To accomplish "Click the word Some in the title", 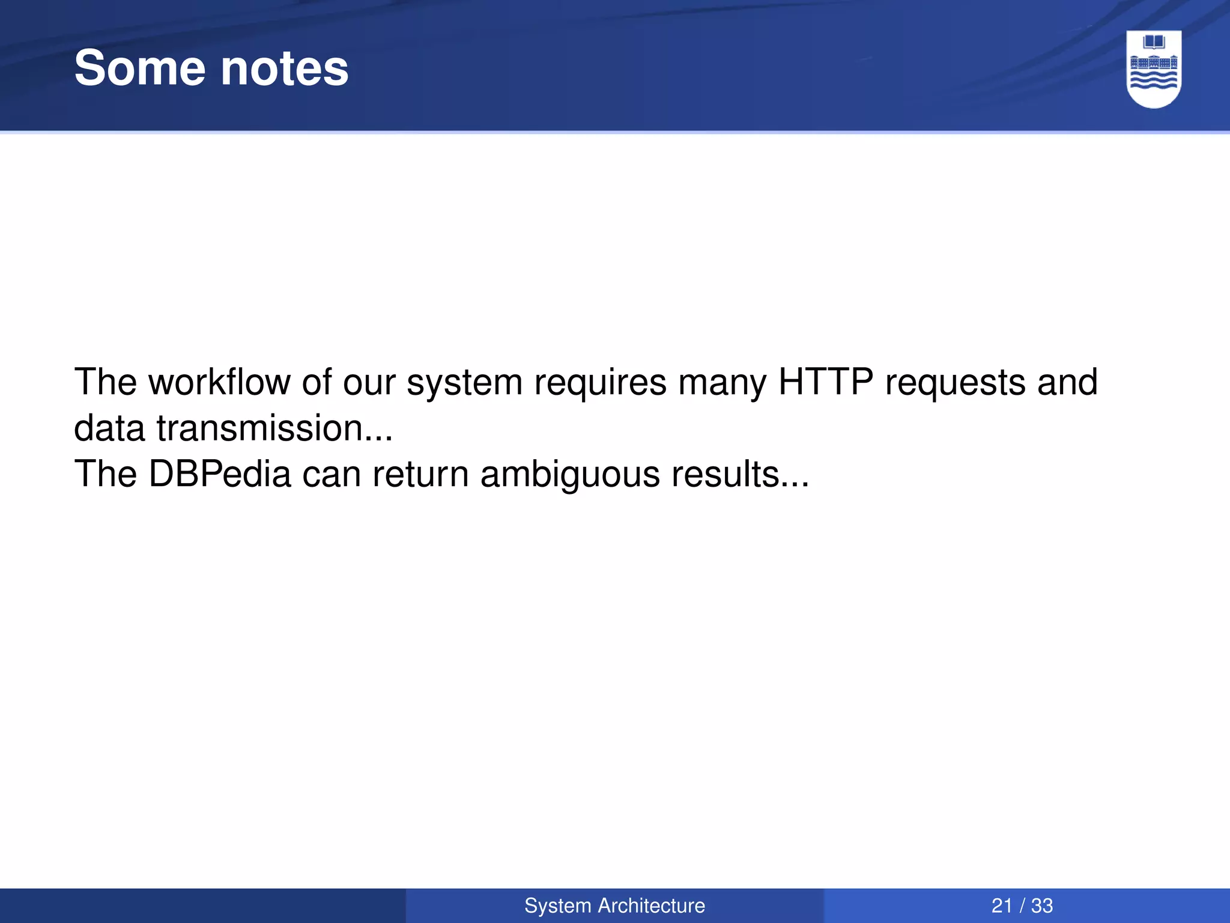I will pos(140,68).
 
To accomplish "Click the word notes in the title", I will pos(284,68).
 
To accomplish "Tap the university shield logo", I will pos(1154,69).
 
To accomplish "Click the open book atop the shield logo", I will pos(1154,43).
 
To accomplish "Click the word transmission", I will pos(274,428).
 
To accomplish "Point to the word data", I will pos(109,428).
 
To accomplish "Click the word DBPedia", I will pos(220,474).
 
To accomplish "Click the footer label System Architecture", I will pos(614,906).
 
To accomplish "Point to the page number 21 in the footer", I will pos(1002,906).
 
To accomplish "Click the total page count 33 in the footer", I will pos(1042,906).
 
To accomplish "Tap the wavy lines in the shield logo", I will pos(1154,81).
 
